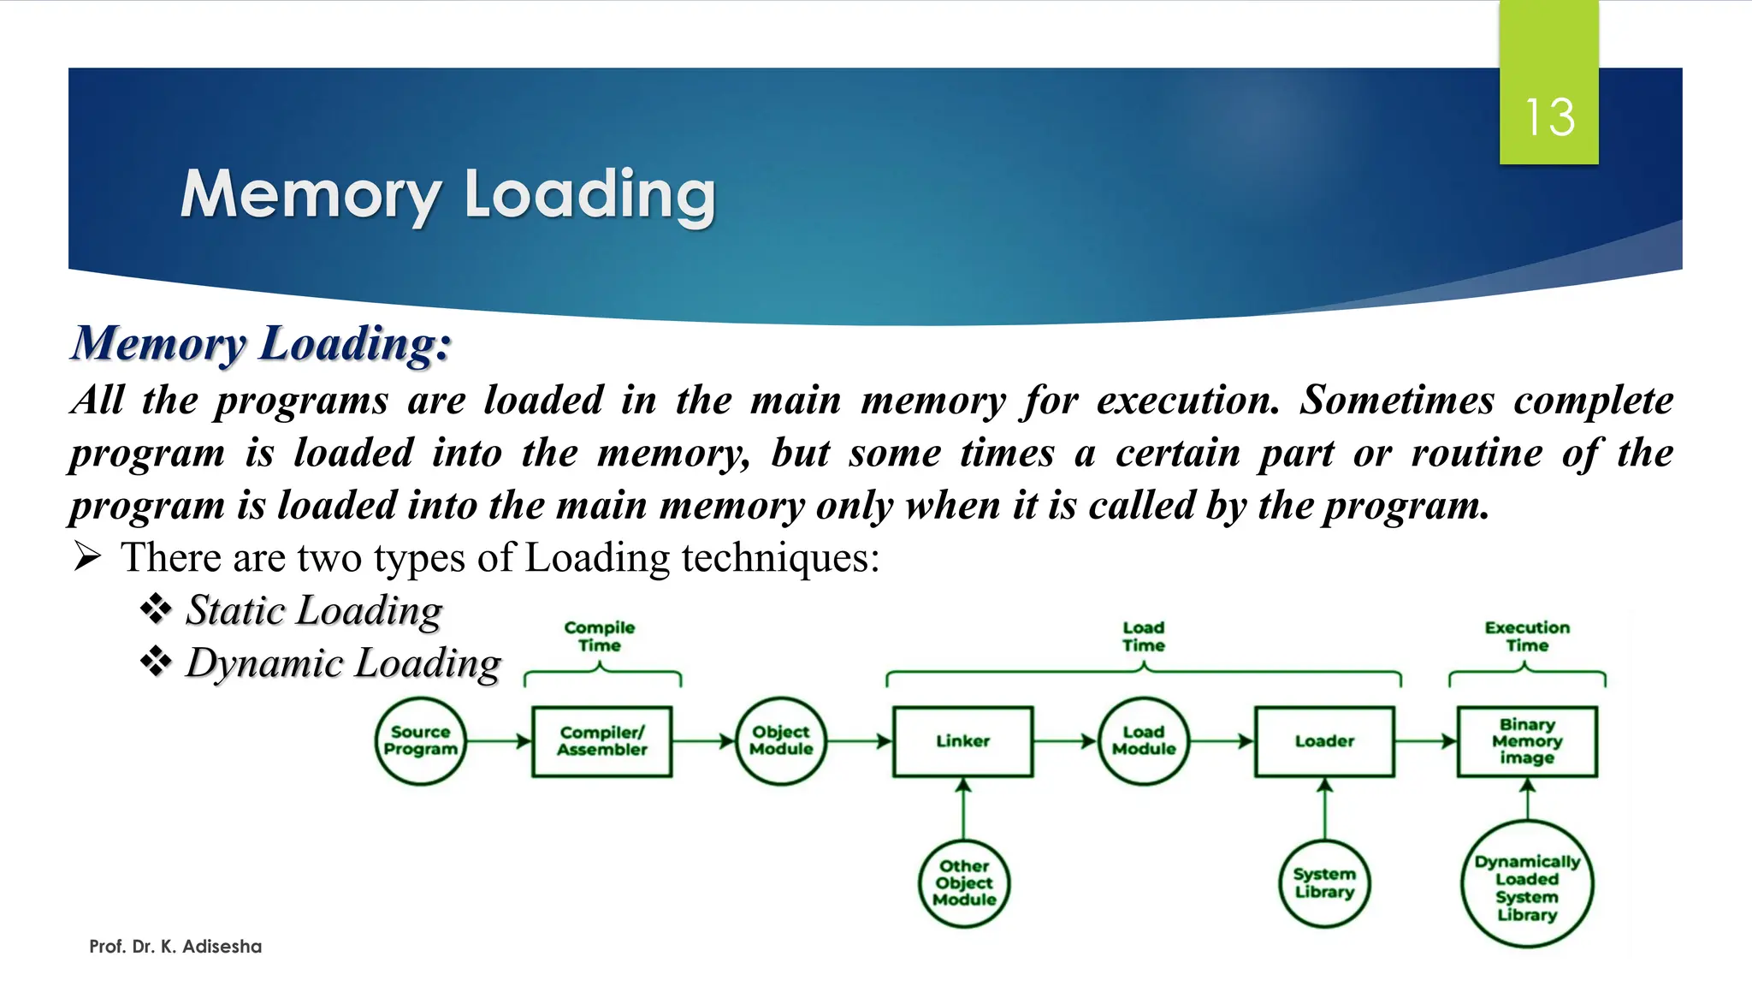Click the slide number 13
click(1549, 117)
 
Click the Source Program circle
click(420, 741)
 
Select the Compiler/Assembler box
click(602, 741)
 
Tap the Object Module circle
click(781, 741)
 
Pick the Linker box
click(963, 741)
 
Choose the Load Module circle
click(1144, 741)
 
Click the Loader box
click(1324, 741)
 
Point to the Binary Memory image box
click(1527, 741)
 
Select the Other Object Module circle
click(964, 883)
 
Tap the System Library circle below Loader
click(1324, 883)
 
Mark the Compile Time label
click(600, 637)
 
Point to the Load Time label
click(1144, 637)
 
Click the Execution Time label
click(1527, 637)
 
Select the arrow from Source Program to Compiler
click(499, 741)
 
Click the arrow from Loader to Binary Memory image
click(1426, 741)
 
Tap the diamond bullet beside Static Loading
click(156, 610)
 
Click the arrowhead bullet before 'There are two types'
click(87, 557)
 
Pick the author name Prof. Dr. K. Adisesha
click(175, 947)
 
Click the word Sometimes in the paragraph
click(1397, 401)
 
